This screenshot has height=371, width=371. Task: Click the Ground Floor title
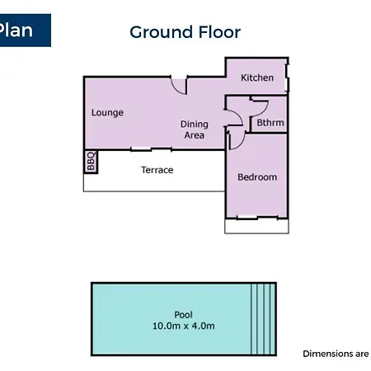(185, 32)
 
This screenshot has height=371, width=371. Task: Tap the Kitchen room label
(257, 77)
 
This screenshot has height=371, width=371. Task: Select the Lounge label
(107, 113)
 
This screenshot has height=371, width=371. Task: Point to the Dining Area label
(195, 129)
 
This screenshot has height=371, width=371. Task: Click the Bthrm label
(270, 123)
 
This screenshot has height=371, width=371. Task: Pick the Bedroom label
(257, 177)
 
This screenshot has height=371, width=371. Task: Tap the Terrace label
(157, 170)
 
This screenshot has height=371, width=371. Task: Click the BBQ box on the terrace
(91, 162)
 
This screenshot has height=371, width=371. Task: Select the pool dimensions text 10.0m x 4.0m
(184, 326)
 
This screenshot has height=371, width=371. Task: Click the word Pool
(184, 315)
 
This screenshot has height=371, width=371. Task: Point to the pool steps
(263, 319)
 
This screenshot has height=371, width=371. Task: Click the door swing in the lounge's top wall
(176, 88)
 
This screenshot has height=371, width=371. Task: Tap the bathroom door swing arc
(263, 110)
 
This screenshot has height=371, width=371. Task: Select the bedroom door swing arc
(240, 143)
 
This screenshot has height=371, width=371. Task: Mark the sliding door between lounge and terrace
(151, 149)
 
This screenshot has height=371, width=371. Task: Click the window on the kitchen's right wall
(287, 77)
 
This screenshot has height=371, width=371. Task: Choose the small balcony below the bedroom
(256, 227)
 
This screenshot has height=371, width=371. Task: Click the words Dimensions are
(336, 354)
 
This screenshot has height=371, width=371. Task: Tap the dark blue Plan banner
(26, 31)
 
